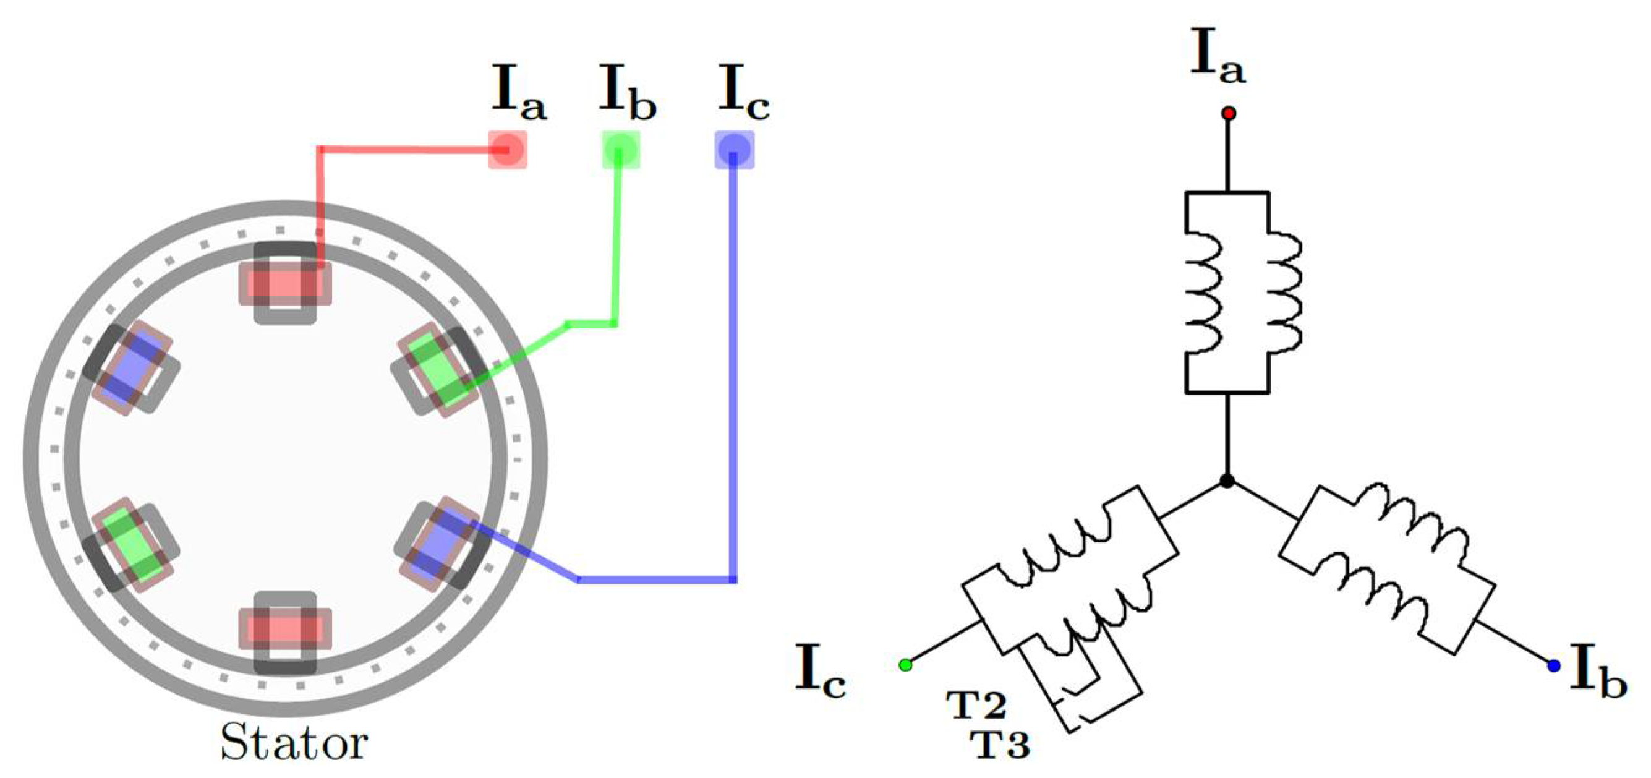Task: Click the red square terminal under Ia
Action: pos(508,150)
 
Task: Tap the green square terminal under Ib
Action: pos(620,150)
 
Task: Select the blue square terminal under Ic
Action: pos(734,150)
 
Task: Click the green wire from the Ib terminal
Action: pos(616,244)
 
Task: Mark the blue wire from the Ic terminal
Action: pos(733,385)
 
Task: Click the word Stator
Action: pos(294,743)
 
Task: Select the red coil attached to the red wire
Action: pos(285,283)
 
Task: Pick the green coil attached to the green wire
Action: pos(438,369)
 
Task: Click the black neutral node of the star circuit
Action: pos(1227,481)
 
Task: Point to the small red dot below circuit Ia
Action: pos(1228,113)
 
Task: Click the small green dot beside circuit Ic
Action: pos(905,665)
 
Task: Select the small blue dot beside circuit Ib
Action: pos(1553,666)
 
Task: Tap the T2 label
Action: pos(976,706)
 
